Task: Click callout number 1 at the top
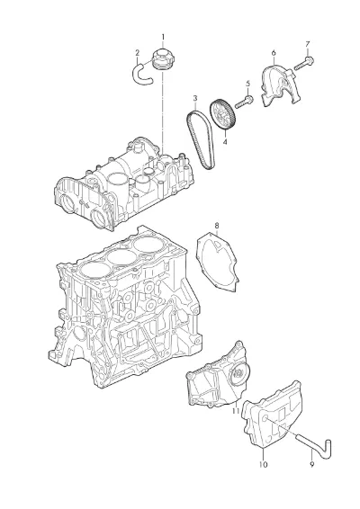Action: click(163, 37)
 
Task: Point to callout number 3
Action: click(195, 98)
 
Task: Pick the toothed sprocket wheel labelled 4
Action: click(223, 114)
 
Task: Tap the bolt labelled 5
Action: click(244, 102)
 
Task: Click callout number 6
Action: click(274, 53)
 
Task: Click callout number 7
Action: click(308, 44)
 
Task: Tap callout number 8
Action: click(217, 226)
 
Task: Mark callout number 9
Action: click(312, 465)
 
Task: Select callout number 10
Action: click(263, 465)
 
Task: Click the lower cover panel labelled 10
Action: click(273, 415)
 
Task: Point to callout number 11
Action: click(236, 411)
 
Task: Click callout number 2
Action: click(138, 52)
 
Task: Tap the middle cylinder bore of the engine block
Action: click(122, 257)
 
